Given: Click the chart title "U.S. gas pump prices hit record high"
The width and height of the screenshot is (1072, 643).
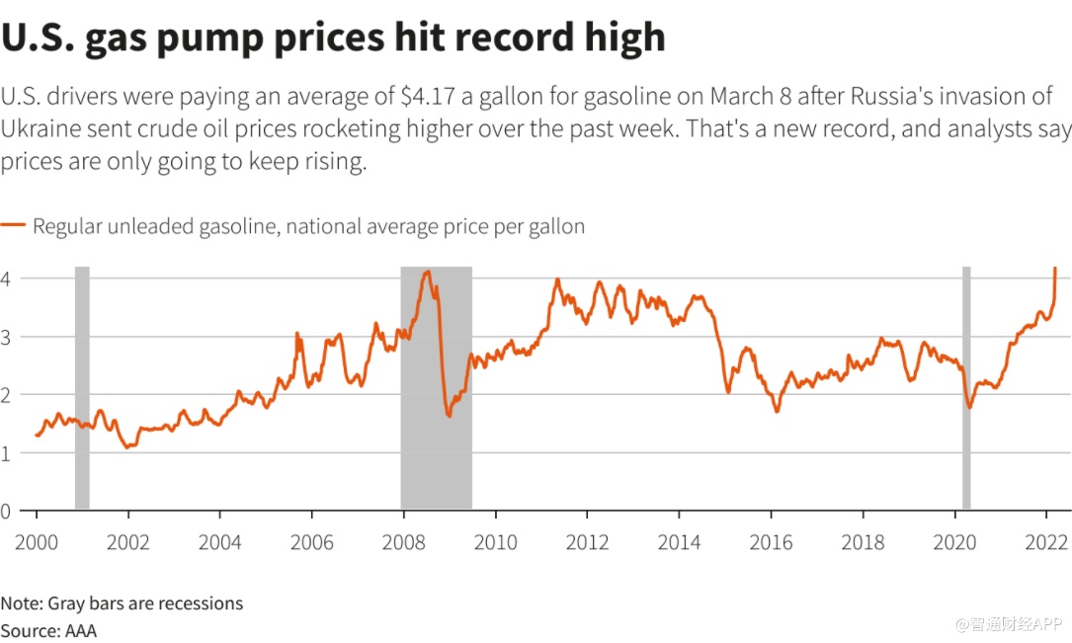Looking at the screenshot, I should point(333,37).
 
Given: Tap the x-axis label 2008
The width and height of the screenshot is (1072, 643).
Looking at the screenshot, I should point(403,542).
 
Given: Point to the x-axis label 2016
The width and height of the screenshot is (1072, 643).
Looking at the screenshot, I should point(771,542).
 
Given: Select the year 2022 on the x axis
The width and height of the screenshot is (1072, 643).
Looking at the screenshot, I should point(1046,542).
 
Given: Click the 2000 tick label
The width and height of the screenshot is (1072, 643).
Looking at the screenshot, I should point(37,542).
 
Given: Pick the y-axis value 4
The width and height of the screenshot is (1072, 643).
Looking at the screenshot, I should point(6,280).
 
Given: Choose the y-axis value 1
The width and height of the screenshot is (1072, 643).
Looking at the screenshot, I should point(6,453).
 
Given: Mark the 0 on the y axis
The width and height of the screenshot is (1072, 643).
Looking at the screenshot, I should point(6,511).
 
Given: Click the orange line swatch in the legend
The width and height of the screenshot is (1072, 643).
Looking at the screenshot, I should point(13,226).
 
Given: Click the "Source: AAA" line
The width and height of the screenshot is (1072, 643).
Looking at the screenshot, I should point(48,629).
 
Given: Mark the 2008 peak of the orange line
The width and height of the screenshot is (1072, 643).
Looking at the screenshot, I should point(427,272).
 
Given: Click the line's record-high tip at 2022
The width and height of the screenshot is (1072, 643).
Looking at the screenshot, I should point(1055,269).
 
